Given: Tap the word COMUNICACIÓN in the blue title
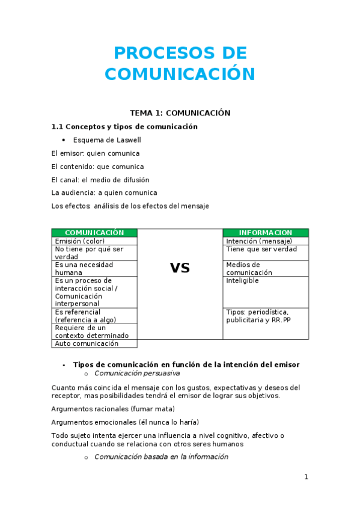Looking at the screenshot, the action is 180,74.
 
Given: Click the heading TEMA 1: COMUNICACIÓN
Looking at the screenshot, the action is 180,112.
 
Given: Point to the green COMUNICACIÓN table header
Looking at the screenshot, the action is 94,233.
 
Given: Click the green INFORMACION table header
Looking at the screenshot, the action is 265,233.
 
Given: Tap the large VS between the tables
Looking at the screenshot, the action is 180,268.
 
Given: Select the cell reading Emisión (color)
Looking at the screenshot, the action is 80,241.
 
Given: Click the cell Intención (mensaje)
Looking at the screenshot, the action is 259,241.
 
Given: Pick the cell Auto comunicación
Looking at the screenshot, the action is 87,343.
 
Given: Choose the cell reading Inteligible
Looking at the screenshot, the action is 242,281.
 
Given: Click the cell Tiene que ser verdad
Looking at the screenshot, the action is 261,249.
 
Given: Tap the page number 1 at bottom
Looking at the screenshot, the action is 306,477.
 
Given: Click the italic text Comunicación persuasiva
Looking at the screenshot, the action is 137,373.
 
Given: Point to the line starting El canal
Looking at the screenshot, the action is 100,180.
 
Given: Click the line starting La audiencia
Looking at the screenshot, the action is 104,193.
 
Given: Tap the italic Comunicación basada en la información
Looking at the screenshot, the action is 161,457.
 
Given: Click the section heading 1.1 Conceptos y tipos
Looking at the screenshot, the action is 124,127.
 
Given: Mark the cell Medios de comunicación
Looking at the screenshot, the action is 249,268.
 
